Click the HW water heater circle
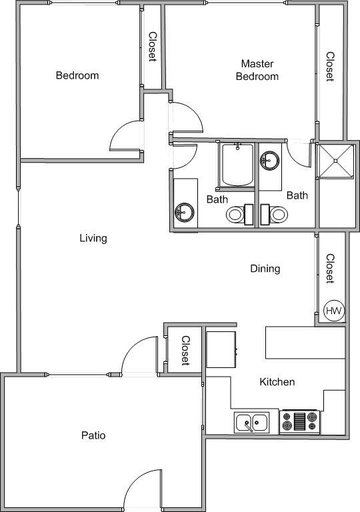point(333,311)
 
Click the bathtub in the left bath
point(237,165)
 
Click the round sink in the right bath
point(271,160)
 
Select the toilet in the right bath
point(277,214)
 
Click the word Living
point(93,238)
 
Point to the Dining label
point(265,269)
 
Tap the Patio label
point(93,435)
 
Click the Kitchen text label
point(277,382)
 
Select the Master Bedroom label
point(259,70)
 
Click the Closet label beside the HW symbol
point(330,268)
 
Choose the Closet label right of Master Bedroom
point(329,67)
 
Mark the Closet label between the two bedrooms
point(153,47)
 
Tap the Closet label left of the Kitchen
point(186,351)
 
